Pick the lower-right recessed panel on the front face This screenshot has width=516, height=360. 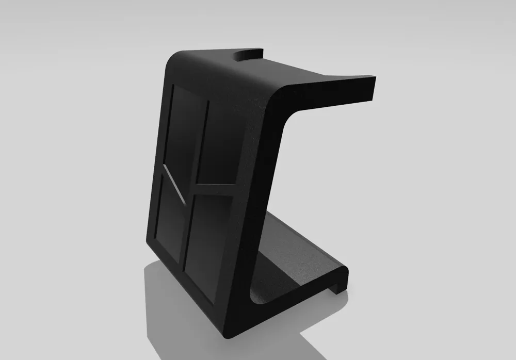(209, 242)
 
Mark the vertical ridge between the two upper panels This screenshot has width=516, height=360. (201, 142)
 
